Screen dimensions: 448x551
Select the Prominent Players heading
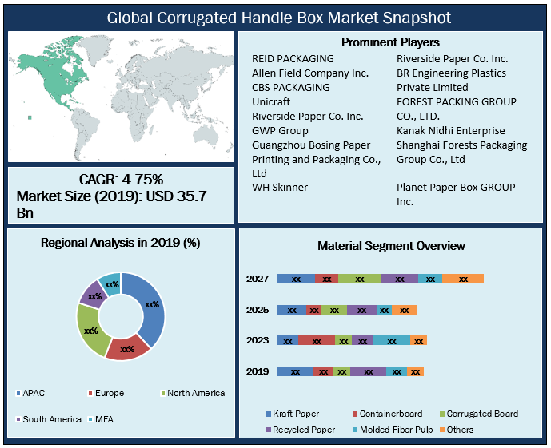(x=390, y=42)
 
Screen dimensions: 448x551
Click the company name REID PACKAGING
(x=293, y=58)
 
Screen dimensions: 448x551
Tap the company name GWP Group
(x=280, y=130)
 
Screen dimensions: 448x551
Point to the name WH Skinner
(x=280, y=187)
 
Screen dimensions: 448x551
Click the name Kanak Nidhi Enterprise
(x=451, y=130)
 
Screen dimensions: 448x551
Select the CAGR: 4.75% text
(x=121, y=180)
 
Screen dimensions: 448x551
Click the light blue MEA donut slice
(x=110, y=283)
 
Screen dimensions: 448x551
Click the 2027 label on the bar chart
(x=258, y=279)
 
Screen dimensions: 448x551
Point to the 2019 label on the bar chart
(x=258, y=371)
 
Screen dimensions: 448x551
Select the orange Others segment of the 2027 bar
(x=463, y=279)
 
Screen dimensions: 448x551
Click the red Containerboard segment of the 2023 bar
(x=317, y=340)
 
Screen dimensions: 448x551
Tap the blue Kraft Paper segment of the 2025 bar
(x=292, y=310)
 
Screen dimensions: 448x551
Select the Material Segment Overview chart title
(x=391, y=246)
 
